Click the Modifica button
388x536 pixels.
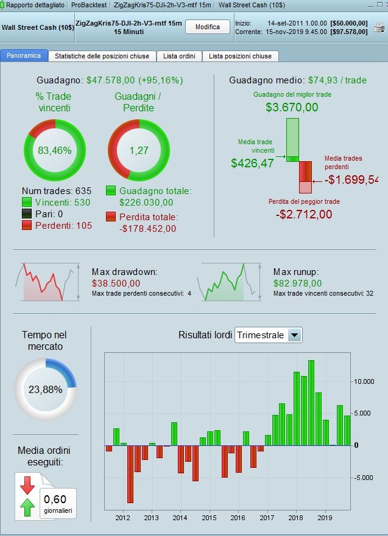click(207, 27)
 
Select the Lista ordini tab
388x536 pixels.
click(179, 56)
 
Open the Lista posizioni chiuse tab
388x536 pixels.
click(240, 56)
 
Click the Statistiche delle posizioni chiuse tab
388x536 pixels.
click(102, 56)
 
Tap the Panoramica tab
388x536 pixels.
click(24, 56)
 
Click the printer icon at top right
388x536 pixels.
click(379, 27)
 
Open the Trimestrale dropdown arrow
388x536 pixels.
click(294, 335)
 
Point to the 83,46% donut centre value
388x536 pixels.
click(55, 150)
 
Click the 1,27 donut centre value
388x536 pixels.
click(138, 150)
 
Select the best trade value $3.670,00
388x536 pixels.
click(292, 108)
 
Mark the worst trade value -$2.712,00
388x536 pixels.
click(303, 214)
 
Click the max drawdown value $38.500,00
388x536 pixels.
click(116, 283)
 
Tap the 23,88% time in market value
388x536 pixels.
click(46, 389)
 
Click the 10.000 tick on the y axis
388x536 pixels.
click(364, 381)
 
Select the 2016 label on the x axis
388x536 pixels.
click(238, 518)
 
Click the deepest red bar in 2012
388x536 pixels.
click(130, 474)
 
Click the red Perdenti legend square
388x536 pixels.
click(27, 226)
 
